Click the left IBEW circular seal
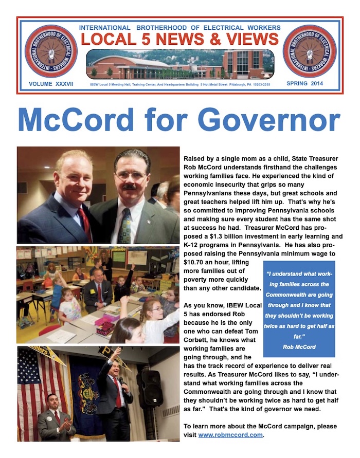tap(51, 51)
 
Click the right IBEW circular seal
tap(309, 51)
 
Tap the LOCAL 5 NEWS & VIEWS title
tap(180, 39)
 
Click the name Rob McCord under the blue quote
tap(299, 346)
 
